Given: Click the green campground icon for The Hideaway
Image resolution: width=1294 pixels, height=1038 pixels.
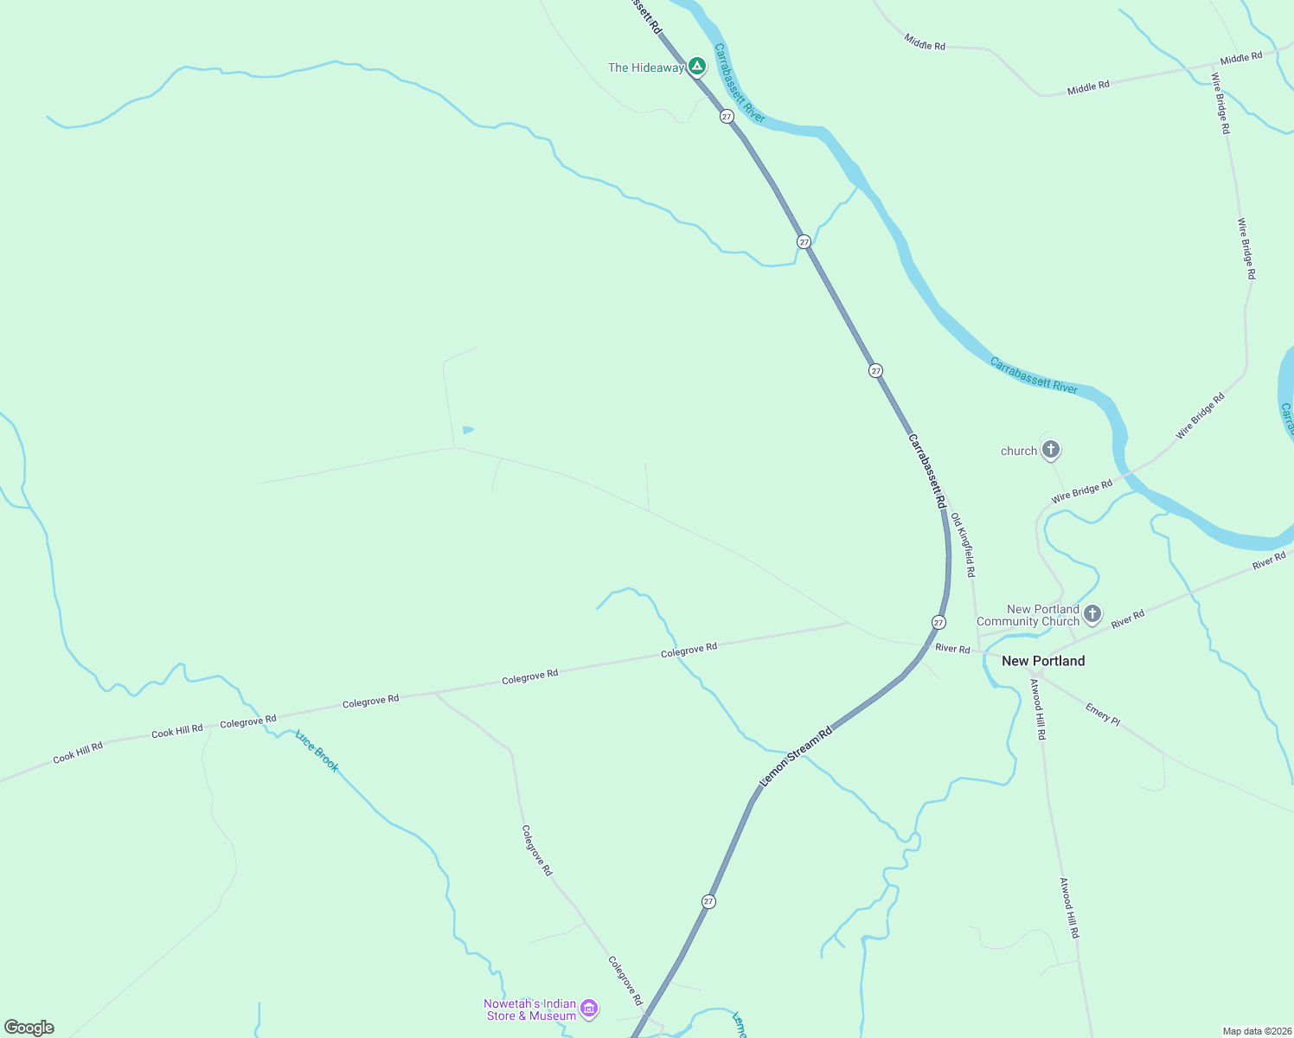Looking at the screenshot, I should [697, 67].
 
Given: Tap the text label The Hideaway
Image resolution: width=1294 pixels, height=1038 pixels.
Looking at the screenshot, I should [645, 67].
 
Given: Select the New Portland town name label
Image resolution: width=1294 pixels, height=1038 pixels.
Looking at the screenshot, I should [1042, 661].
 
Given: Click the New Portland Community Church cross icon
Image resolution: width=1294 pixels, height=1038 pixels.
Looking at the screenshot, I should [1092, 614].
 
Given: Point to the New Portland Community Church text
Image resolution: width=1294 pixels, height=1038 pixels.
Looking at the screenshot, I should [1028, 615].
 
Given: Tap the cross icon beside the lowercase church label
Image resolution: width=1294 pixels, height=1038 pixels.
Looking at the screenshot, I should [1051, 450].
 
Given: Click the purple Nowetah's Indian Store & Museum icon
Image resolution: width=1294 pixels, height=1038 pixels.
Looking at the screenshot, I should [589, 1008].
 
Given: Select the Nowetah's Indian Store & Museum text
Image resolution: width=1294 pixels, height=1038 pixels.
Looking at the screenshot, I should [530, 1009].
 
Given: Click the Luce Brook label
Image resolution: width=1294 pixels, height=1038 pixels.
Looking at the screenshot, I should [317, 751].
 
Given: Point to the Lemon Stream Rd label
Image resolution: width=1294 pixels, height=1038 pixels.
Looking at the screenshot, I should [796, 756].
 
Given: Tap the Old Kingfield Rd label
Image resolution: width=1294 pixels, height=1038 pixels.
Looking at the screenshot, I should [963, 544].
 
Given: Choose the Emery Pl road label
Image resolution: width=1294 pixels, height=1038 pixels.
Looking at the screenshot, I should [1103, 714].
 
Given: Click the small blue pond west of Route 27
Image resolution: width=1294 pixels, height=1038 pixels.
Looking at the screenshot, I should [468, 429].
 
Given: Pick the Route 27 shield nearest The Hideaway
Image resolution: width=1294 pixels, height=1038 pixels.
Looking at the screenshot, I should [727, 116].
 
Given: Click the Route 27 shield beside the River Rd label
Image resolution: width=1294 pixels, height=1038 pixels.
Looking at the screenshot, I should [938, 622].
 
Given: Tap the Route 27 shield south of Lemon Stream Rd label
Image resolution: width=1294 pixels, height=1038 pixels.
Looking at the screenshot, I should [708, 901].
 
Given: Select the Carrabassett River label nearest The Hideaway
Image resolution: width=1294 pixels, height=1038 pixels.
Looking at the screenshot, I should [740, 83].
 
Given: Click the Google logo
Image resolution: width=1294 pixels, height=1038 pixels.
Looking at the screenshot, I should [29, 1028].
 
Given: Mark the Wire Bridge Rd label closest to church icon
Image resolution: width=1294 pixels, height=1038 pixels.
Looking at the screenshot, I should [1081, 491].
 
